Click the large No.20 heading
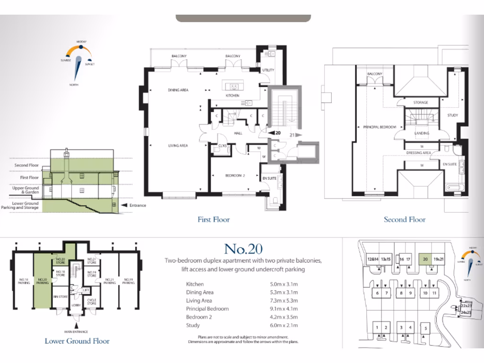pos(243,249)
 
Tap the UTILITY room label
pos(268,70)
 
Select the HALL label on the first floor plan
pos(238,133)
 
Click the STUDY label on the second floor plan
pos(453,115)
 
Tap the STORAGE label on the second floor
pos(420,103)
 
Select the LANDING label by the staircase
pos(422,133)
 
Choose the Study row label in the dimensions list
pos(193,325)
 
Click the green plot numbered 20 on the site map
pos(425,259)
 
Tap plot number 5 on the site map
pos(425,328)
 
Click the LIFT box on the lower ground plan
pos(86,290)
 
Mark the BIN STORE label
pos(60,296)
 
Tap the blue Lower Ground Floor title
pos(77,341)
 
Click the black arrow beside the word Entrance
pos(125,206)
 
